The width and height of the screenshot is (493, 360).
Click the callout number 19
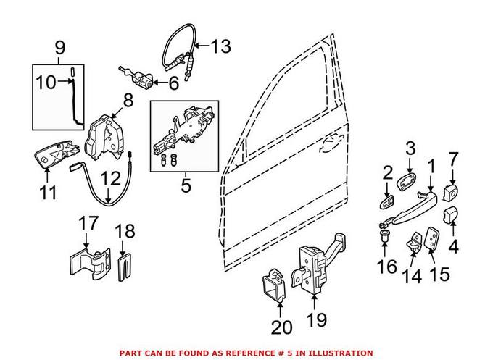(317, 319)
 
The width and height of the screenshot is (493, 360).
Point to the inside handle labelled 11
(54, 154)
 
